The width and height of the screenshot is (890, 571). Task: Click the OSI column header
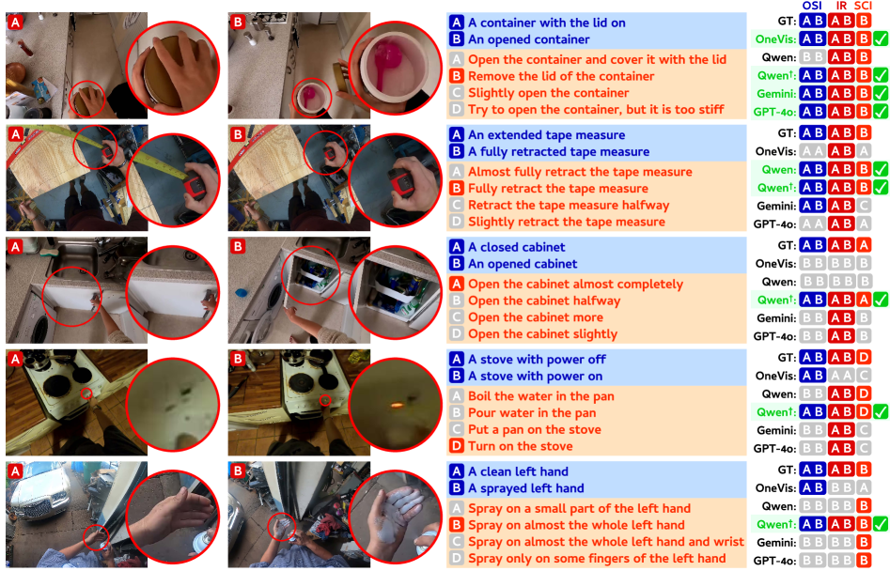point(812,6)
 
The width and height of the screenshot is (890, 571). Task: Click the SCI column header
point(863,6)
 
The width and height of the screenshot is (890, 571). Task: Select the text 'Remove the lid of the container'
point(561,76)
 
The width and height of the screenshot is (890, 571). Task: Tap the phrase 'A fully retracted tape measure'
point(558,151)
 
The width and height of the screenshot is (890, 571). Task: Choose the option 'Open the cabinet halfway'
point(544,301)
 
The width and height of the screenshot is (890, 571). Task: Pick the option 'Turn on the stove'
point(520,446)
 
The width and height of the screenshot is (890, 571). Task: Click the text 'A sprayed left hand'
point(525,488)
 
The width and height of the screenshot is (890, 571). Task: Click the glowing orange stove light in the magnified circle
point(396,405)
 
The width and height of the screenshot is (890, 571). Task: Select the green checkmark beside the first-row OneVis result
point(880,39)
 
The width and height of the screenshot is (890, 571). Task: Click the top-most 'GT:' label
point(787,21)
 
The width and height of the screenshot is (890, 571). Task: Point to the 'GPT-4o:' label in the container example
point(774,112)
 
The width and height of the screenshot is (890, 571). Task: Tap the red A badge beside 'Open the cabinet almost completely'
point(457,284)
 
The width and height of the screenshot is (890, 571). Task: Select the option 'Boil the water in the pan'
point(541,395)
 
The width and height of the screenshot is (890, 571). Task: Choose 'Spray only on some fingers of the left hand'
point(597,559)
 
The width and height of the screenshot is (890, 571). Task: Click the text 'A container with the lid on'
point(547,23)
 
